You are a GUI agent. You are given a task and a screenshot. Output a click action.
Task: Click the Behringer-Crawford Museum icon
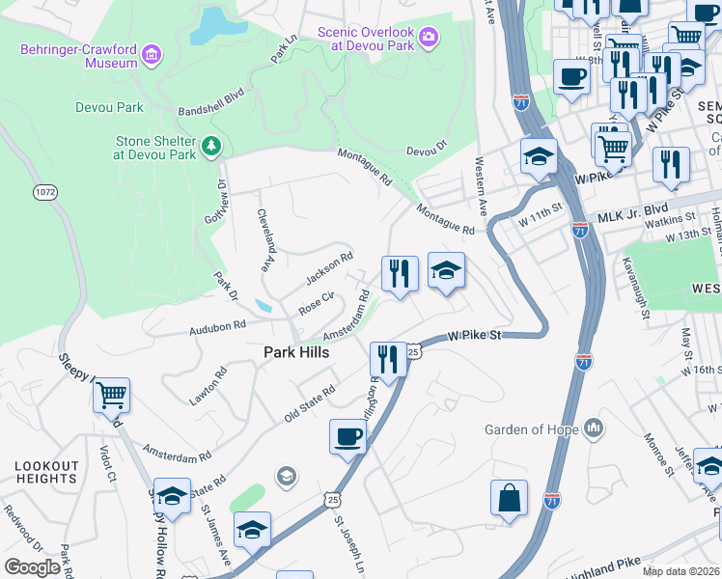click(x=151, y=56)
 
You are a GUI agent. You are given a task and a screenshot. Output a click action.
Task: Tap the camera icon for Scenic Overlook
click(x=429, y=39)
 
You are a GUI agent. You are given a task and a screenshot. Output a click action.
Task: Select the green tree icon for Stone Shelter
click(x=212, y=147)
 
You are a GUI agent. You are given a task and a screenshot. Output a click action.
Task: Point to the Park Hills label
click(x=297, y=353)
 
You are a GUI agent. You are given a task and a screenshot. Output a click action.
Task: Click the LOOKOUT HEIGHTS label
click(x=45, y=472)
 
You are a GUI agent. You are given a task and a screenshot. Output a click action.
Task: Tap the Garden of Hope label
click(x=530, y=429)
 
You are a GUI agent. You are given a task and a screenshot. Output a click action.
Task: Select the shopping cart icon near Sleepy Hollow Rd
click(x=112, y=395)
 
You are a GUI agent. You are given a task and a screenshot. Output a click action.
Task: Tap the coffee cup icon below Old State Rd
click(x=347, y=436)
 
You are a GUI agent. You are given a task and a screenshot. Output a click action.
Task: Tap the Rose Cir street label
click(x=316, y=304)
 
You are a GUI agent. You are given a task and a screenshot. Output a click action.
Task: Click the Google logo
click(x=33, y=566)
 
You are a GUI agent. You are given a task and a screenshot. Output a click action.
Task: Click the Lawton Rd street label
click(x=208, y=385)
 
